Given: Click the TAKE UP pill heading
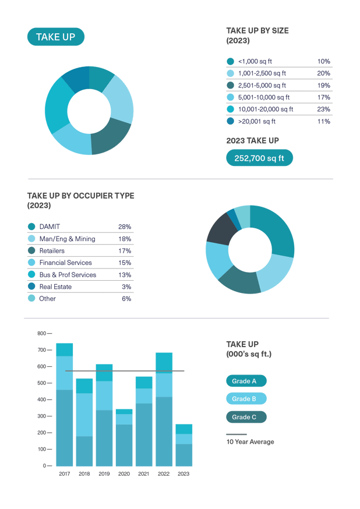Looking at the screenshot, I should (55, 37).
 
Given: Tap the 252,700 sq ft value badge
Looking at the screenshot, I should (259, 158).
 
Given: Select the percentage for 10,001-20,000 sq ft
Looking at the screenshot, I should (324, 109).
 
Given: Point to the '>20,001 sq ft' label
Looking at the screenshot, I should (257, 121).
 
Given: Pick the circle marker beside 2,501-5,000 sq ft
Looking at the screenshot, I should (230, 85).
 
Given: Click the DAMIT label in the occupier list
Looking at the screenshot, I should (50, 227).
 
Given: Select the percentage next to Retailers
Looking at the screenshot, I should (124, 250).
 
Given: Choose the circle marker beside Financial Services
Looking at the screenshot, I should (31, 263).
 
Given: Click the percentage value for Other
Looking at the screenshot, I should (126, 299).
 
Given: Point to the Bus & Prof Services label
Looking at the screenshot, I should (68, 274).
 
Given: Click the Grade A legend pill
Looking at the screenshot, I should (246, 381).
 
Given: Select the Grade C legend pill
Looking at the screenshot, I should (246, 417).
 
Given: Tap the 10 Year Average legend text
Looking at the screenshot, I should (250, 442).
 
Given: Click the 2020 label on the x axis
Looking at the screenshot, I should (123, 474).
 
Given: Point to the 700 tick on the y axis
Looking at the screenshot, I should (41, 350).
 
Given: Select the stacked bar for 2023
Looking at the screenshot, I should (183, 445).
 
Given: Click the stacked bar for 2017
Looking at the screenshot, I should (64, 404).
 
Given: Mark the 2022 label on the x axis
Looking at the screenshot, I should (164, 474).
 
